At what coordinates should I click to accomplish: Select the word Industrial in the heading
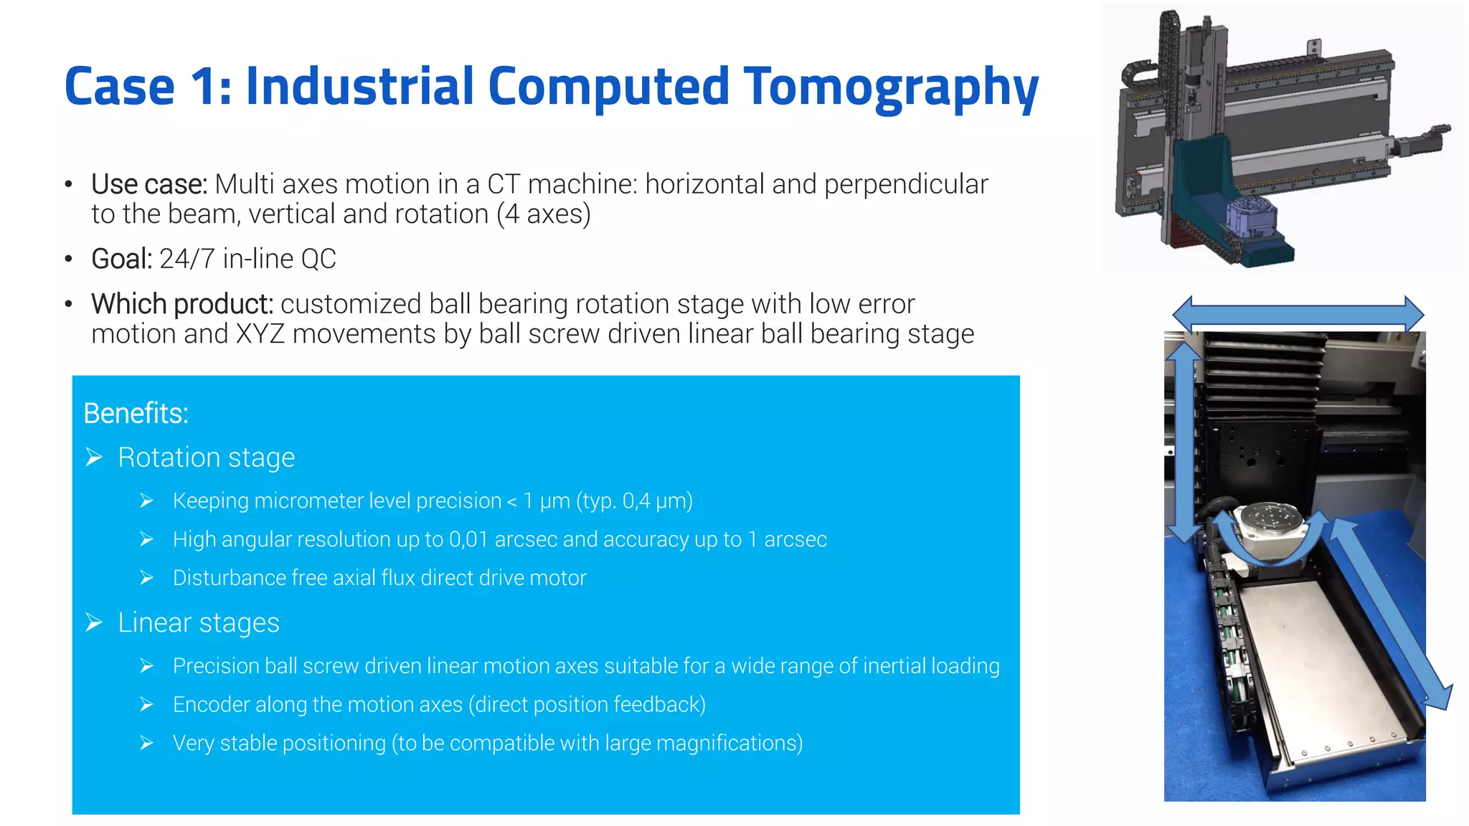click(359, 86)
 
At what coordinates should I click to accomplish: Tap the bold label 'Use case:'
click(149, 184)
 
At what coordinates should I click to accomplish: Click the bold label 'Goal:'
click(121, 259)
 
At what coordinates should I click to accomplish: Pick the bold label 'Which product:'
click(182, 304)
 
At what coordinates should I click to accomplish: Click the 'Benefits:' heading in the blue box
click(136, 414)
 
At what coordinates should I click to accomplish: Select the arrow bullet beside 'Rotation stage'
click(94, 457)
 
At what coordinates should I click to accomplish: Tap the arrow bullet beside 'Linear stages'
click(94, 622)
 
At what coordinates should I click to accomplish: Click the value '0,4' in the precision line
click(637, 500)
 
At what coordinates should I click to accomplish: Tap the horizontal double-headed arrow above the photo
click(1298, 314)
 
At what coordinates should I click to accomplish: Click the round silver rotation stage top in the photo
click(1272, 516)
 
